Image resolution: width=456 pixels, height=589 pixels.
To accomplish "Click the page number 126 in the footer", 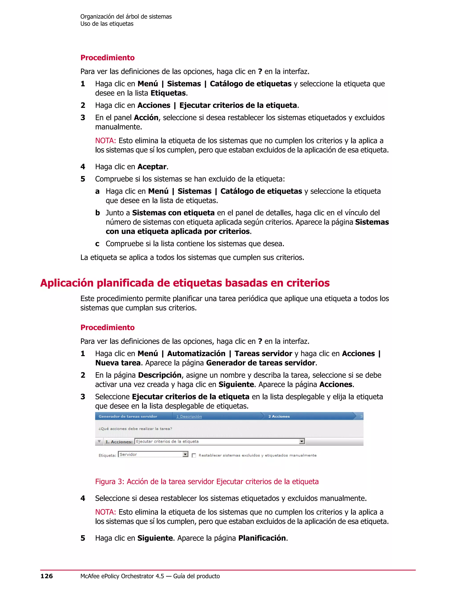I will [47, 576].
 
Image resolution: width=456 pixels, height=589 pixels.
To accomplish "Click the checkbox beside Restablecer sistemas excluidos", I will [194, 455].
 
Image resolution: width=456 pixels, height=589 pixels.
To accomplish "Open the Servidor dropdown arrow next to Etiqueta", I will [185, 455].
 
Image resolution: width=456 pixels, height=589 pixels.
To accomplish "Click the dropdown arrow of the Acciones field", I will [302, 441].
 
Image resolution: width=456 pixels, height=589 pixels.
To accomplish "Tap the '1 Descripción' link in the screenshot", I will [189, 416].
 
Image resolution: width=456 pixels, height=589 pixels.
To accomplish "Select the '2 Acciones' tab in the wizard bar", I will [279, 416].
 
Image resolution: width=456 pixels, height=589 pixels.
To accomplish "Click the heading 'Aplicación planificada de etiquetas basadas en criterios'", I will [185, 283].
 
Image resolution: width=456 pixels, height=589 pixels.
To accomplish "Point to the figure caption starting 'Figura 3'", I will [207, 481].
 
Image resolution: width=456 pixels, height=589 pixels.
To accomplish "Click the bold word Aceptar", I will [152, 167].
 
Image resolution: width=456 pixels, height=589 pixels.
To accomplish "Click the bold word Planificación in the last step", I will [262, 538].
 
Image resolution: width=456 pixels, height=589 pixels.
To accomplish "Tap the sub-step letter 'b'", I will [98, 213].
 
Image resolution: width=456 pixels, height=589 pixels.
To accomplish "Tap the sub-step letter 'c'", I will [97, 244].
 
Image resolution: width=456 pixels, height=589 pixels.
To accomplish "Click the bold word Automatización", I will [196, 354].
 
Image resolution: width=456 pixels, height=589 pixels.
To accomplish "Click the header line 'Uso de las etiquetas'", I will [107, 24].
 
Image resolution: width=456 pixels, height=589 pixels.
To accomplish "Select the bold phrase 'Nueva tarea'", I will [118, 363].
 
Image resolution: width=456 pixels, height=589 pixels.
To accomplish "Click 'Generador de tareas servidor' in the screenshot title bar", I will [128, 416].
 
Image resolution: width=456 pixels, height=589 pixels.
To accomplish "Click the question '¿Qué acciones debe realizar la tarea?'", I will [135, 429].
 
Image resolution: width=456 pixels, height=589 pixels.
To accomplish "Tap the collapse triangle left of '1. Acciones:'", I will [99, 441].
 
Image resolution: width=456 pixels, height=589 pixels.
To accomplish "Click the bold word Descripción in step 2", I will [160, 375].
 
